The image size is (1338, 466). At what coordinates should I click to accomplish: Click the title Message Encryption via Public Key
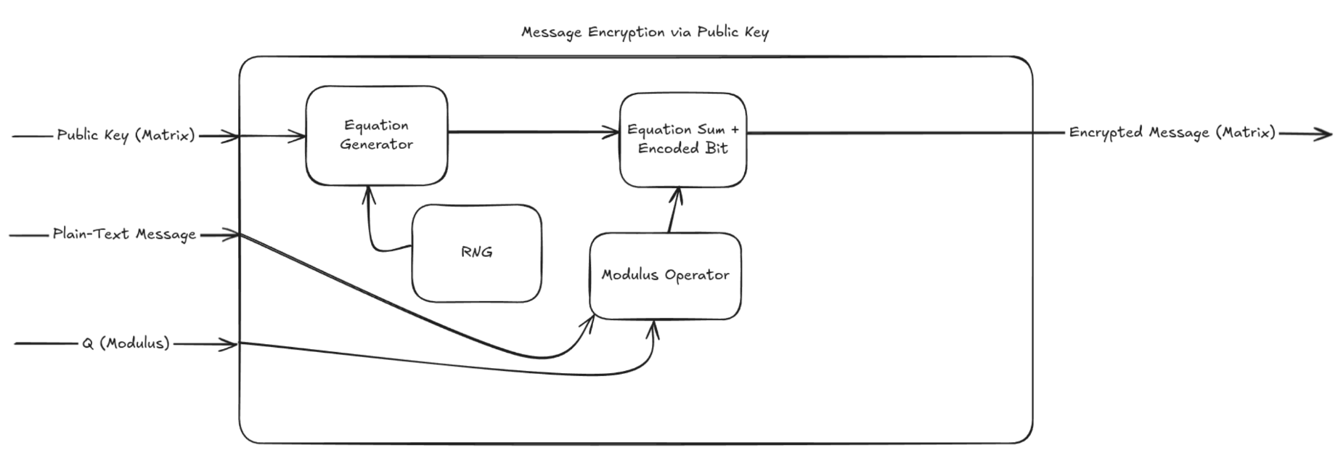click(x=645, y=32)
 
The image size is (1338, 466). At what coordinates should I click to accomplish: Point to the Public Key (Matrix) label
click(x=126, y=135)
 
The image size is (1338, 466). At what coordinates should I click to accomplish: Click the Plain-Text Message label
click(x=124, y=234)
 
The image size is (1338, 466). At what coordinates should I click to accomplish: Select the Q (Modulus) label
click(x=126, y=343)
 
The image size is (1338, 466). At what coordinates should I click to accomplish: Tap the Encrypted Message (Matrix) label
click(x=1172, y=133)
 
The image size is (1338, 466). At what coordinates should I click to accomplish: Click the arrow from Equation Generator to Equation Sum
click(x=534, y=132)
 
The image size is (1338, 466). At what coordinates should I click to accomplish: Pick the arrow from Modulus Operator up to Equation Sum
click(x=673, y=210)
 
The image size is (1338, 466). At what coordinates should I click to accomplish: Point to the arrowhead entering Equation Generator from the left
click(x=299, y=136)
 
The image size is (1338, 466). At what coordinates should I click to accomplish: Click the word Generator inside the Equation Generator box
click(x=376, y=144)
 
